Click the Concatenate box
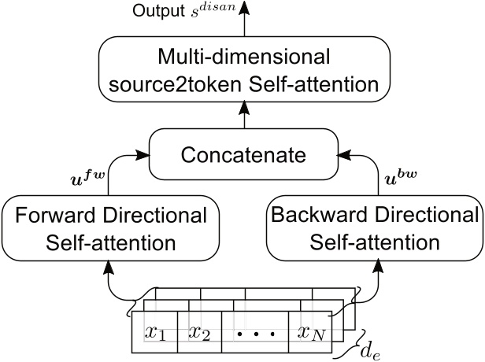[242, 155]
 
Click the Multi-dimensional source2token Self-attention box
[242, 72]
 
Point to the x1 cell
[156, 332]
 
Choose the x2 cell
[200, 332]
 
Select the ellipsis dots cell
[254, 334]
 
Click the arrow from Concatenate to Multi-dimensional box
[242, 116]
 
